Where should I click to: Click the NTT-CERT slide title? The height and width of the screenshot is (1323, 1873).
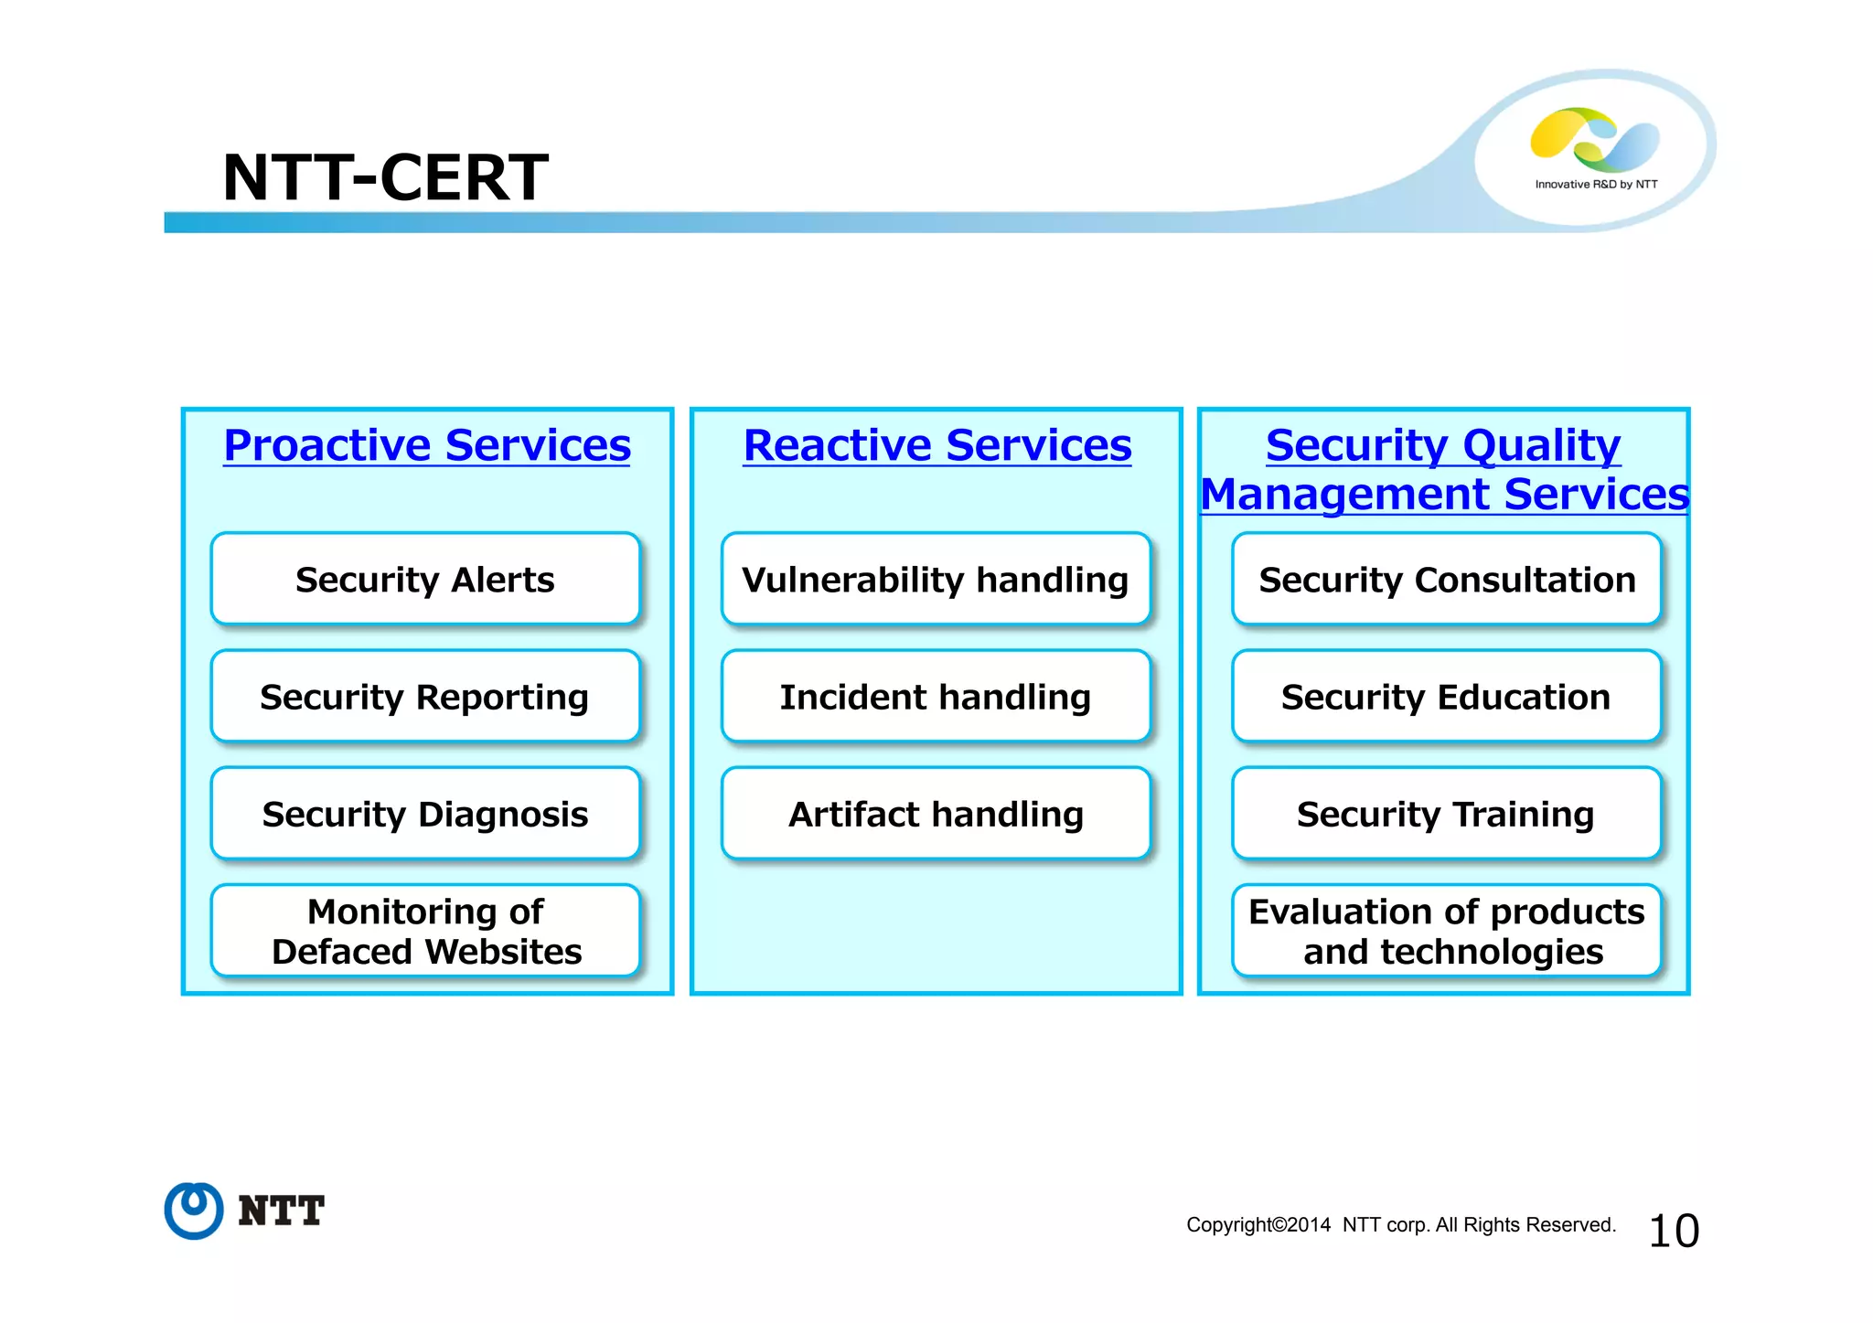point(385,177)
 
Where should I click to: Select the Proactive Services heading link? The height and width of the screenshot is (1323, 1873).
point(427,446)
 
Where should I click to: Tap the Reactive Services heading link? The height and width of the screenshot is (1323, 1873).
point(936,446)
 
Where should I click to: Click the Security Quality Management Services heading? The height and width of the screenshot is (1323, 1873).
point(1443,470)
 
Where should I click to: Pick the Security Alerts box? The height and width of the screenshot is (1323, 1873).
point(425,580)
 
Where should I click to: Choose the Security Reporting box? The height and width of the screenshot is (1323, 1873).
point(425,697)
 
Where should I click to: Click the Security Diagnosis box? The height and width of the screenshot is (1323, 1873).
point(425,814)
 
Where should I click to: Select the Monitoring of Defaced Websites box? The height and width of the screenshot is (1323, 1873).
point(425,931)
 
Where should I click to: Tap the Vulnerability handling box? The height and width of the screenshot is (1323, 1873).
point(936,580)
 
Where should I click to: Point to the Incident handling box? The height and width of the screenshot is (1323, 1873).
point(936,697)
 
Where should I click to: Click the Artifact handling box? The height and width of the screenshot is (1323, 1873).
point(936,814)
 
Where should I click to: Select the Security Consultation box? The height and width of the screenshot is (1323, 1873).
point(1446,580)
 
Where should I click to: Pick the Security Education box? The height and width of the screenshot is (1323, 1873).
point(1446,697)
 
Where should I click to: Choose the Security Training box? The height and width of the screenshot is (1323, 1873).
point(1446,814)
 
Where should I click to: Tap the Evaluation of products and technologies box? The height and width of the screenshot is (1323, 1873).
point(1446,931)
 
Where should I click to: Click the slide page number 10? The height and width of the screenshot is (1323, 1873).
point(1673,1231)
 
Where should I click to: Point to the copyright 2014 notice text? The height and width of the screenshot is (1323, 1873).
point(1400,1225)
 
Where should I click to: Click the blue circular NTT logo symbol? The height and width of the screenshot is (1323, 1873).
point(194,1211)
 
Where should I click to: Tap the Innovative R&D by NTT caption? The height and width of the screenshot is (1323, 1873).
point(1596,185)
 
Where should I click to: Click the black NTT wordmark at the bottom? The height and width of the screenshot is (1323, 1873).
point(281,1211)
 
